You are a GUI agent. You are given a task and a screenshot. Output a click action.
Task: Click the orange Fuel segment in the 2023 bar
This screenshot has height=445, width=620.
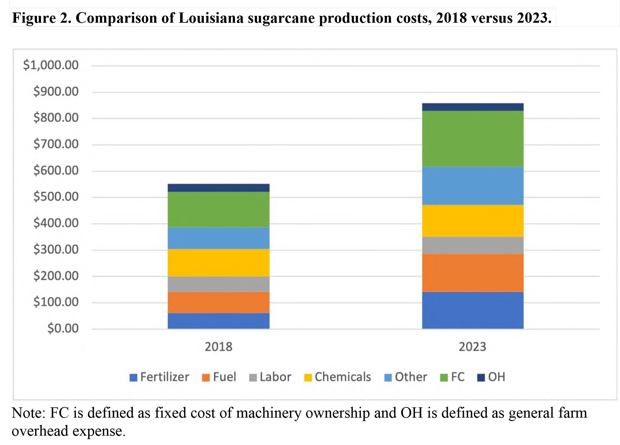point(473,273)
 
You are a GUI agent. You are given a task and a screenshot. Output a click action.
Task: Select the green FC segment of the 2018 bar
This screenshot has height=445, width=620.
point(218,209)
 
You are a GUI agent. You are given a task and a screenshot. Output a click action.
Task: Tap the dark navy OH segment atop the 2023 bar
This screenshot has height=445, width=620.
point(473,107)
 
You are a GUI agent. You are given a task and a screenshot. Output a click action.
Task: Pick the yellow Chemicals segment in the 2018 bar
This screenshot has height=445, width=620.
point(218,263)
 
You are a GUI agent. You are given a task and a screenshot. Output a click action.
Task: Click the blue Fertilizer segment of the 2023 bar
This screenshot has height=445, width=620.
point(473,310)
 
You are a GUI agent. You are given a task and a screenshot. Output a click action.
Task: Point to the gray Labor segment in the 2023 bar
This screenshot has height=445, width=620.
point(473,245)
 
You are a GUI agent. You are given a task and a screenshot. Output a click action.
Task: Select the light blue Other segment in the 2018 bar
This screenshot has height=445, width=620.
point(218,238)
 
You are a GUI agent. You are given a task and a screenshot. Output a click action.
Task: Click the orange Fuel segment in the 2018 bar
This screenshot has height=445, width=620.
point(218,303)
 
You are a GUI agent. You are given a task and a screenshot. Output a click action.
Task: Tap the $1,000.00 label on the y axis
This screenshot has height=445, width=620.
point(51,65)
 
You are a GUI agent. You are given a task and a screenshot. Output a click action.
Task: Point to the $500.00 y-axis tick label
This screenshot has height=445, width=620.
point(56,197)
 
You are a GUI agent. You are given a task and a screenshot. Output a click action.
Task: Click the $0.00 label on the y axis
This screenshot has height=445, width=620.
point(63,328)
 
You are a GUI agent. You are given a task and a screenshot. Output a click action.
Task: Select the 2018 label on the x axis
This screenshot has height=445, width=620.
point(218,347)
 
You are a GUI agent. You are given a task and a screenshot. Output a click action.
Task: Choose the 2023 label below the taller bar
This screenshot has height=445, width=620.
point(472,347)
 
